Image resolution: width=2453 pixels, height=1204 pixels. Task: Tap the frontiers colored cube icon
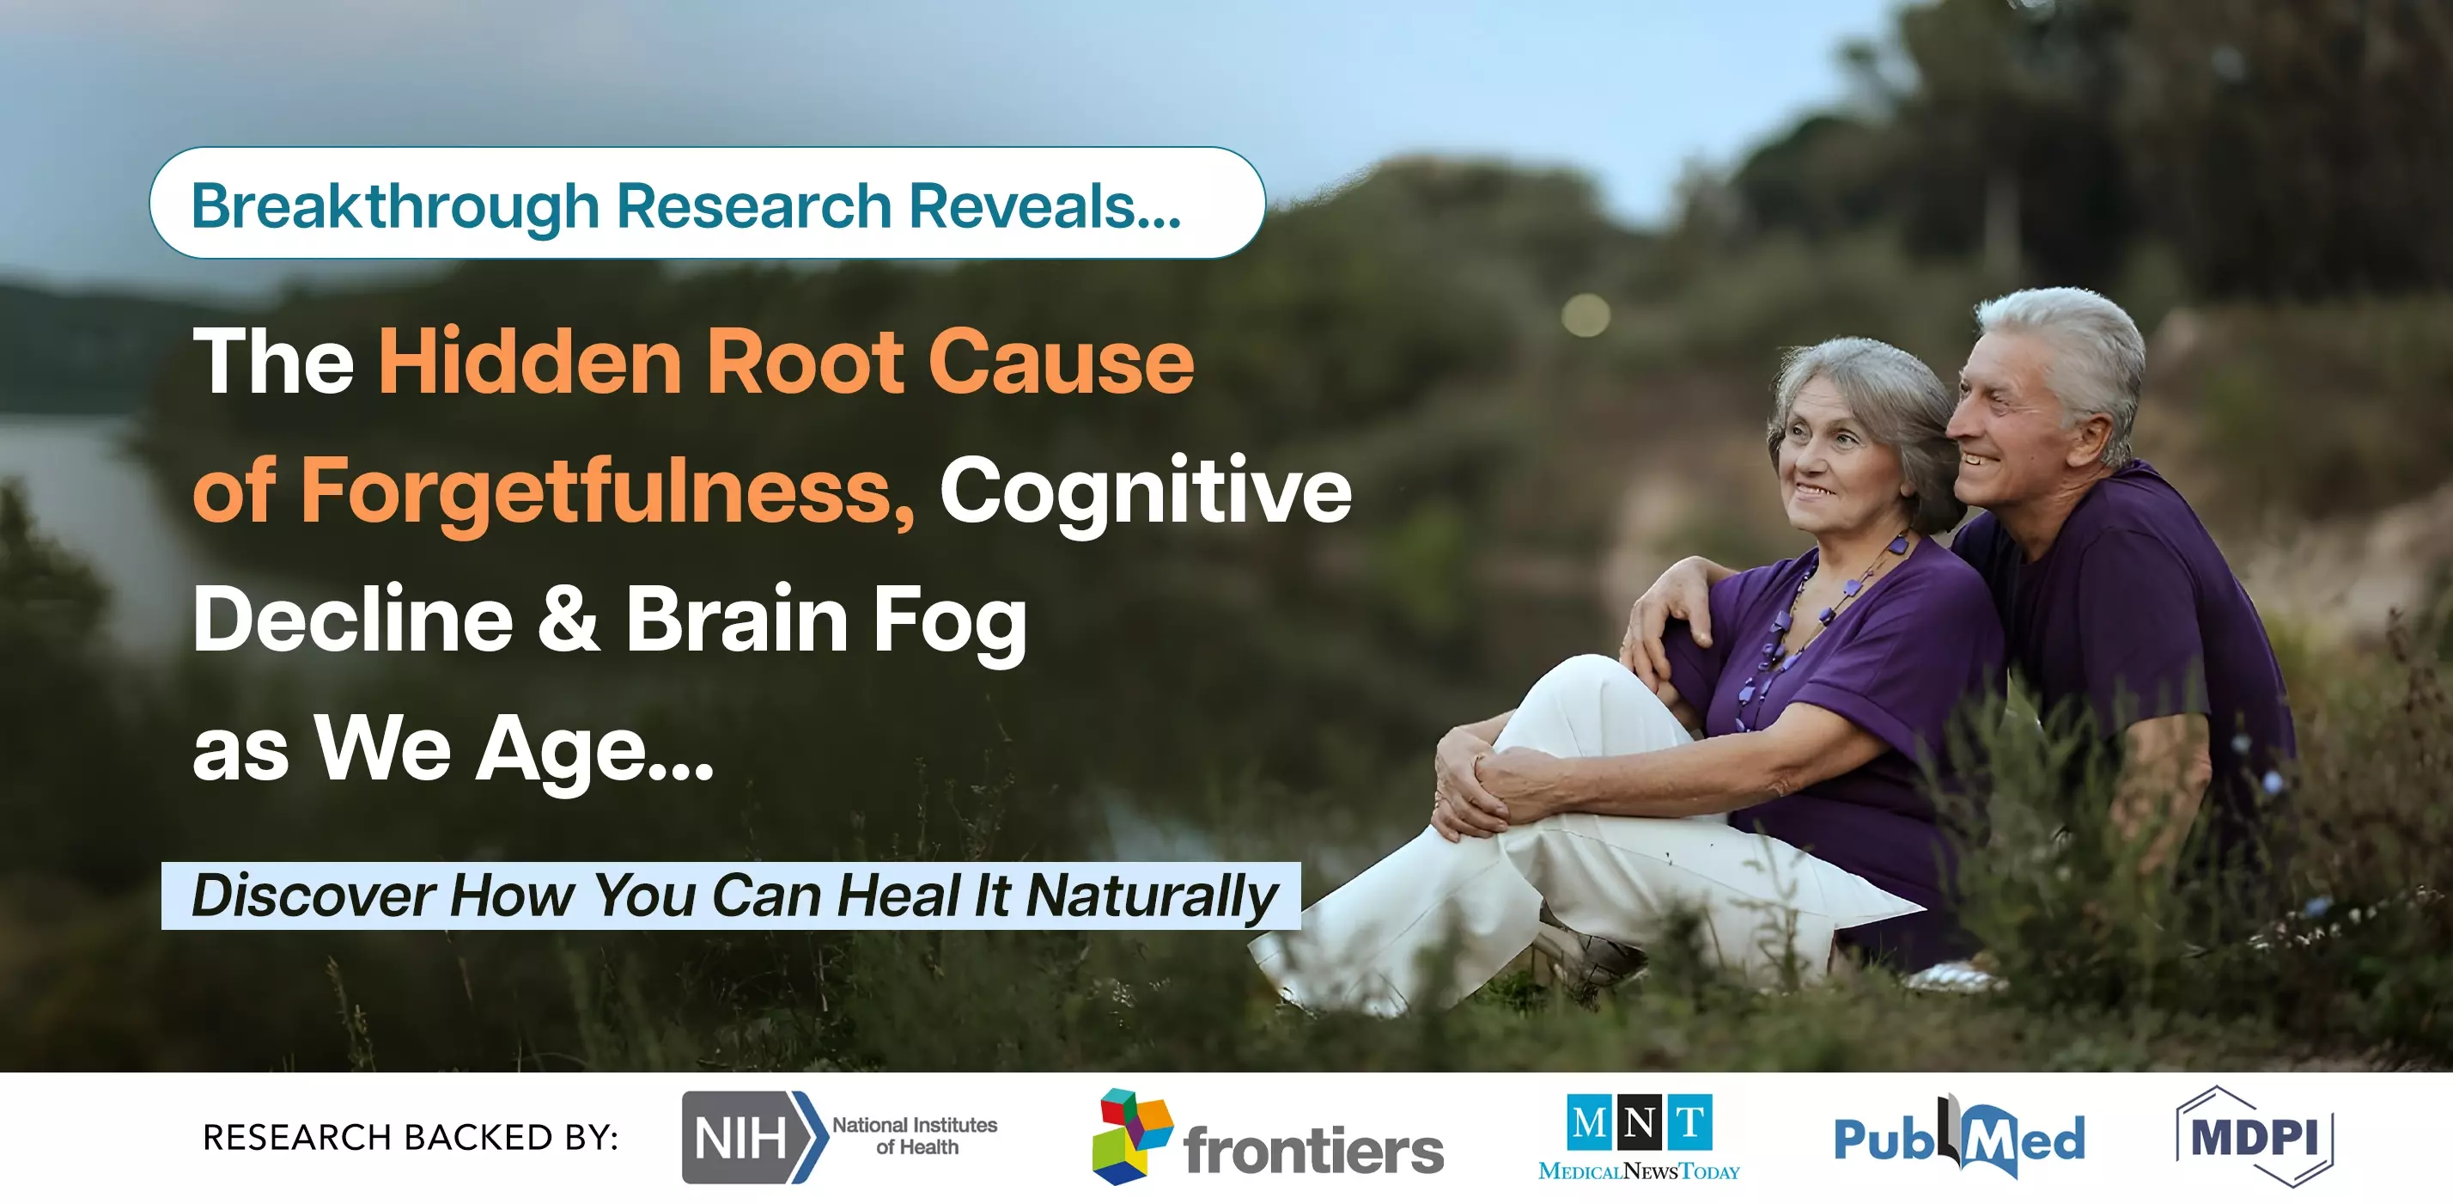click(x=1132, y=1136)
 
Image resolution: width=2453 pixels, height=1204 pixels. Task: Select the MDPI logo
click(x=2254, y=1136)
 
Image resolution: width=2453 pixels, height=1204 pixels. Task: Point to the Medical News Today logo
click(x=1639, y=1137)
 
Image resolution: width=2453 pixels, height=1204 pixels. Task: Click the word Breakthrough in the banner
click(x=395, y=205)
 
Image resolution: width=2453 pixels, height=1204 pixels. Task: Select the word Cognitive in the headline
click(x=1146, y=491)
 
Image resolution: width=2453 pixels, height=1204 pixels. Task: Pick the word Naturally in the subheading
click(x=1153, y=896)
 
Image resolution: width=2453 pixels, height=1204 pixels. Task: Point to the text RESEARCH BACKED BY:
click(x=411, y=1137)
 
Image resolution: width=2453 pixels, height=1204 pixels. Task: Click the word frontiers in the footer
click(x=1314, y=1150)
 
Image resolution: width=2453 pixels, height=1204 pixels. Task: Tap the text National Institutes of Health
click(x=915, y=1135)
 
